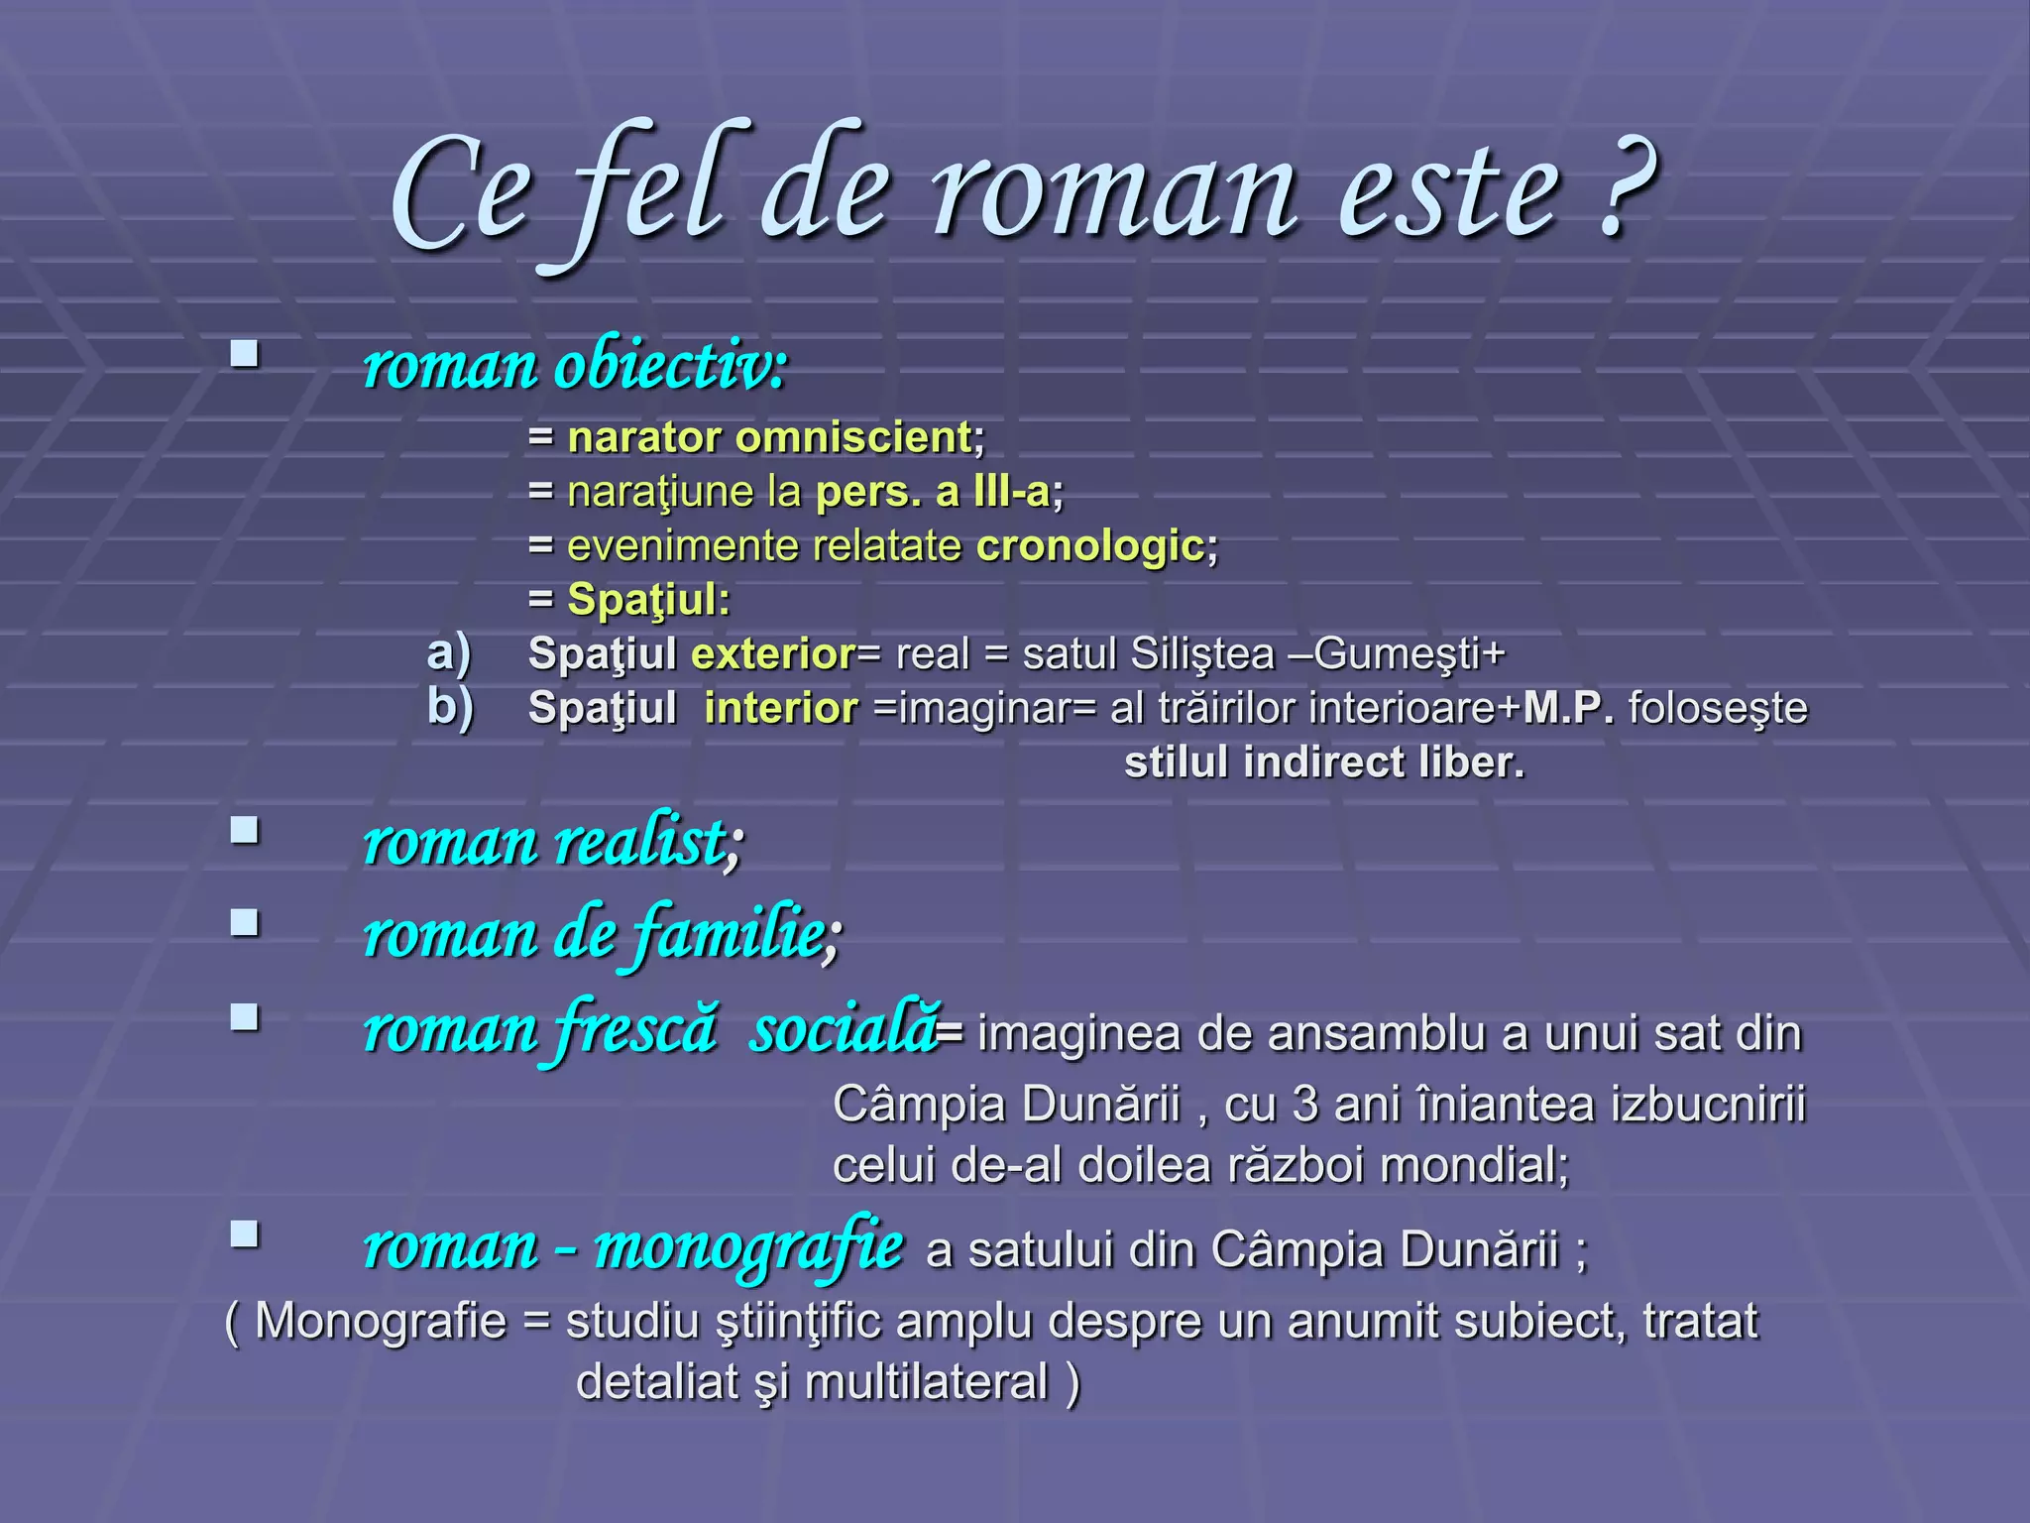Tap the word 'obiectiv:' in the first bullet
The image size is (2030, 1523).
(x=671, y=366)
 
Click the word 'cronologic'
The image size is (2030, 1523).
(x=1090, y=545)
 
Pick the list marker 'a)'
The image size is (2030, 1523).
(x=448, y=653)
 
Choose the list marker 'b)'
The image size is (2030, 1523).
(x=450, y=707)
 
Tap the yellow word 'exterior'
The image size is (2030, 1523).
(x=773, y=653)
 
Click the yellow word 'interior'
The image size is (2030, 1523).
(x=781, y=708)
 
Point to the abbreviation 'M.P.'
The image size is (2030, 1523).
(x=1568, y=708)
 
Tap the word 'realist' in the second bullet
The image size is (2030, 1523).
(x=640, y=843)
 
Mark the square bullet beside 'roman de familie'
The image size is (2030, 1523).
(x=244, y=923)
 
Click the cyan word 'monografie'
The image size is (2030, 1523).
(x=748, y=1246)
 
